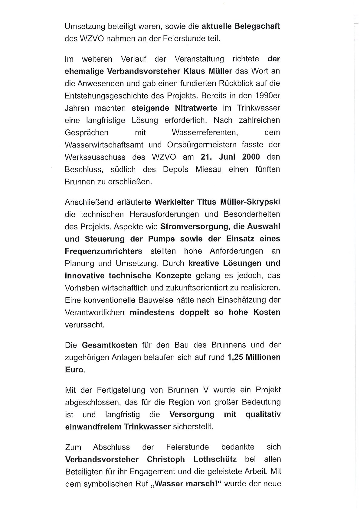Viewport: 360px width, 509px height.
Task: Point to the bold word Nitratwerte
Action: [196, 108]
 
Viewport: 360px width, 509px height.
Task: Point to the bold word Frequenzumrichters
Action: [103, 251]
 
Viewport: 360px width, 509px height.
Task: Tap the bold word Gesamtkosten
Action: [110, 345]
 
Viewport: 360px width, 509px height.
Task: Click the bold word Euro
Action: [74, 370]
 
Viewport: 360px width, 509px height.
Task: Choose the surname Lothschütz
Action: [215, 459]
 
